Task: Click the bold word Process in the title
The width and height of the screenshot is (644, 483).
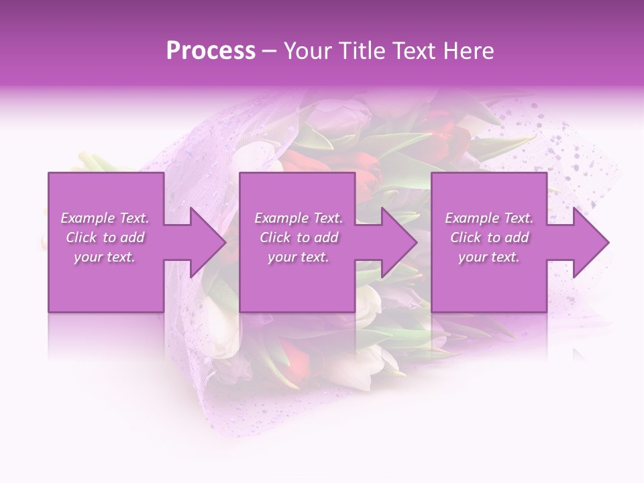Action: click(211, 51)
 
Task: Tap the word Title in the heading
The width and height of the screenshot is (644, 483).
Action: click(362, 51)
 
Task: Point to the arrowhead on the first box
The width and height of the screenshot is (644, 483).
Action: click(205, 242)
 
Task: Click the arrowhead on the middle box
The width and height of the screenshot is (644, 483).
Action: click(396, 242)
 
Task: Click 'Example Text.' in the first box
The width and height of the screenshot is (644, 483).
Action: click(105, 218)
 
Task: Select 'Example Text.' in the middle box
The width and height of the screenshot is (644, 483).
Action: click(299, 218)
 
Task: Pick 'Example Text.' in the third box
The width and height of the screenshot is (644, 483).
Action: click(489, 218)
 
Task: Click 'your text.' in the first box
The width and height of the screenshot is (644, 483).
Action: click(105, 257)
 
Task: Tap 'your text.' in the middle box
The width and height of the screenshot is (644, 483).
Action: click(299, 257)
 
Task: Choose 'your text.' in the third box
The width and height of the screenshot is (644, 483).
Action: click(489, 257)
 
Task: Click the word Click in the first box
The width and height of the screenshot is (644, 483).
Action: click(81, 237)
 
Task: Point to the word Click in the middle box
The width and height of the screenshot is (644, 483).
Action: click(275, 237)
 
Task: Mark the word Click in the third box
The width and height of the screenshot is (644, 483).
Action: click(466, 237)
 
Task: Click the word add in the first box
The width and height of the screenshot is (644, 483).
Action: click(133, 237)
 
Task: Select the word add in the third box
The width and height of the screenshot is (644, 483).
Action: click(517, 237)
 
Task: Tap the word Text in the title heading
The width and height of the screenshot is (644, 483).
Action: click(415, 51)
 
